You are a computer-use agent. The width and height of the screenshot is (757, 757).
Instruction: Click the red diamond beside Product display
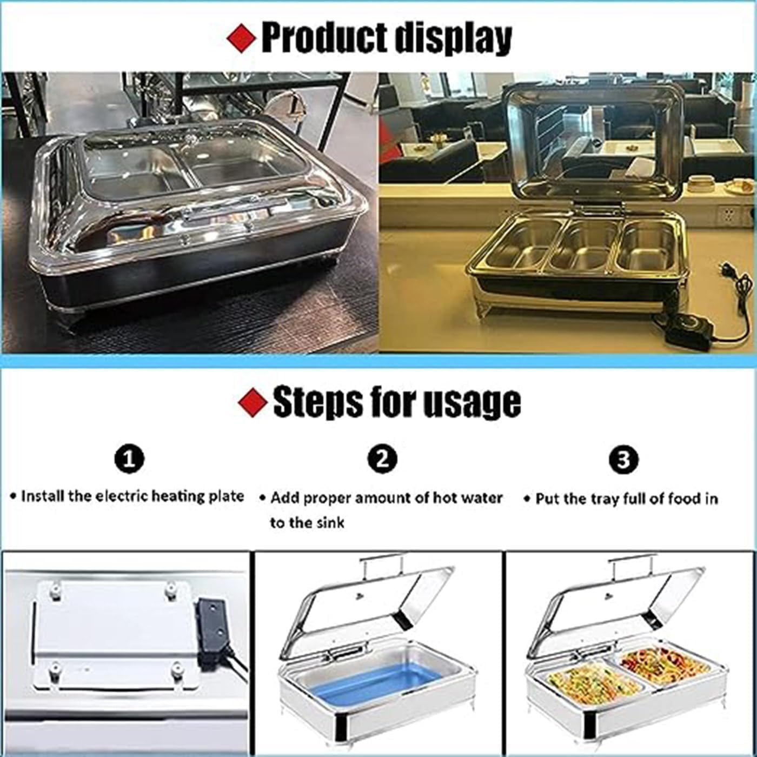pos(241,38)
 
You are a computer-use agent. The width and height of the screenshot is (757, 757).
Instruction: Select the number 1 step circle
pos(130,459)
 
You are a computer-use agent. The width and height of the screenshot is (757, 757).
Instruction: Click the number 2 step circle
pos(382,459)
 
